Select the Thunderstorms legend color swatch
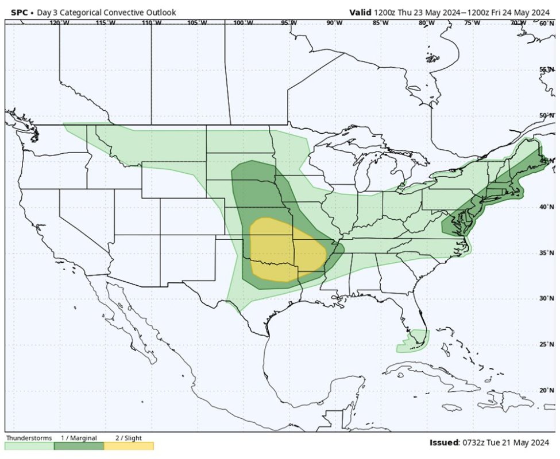tap(29, 446)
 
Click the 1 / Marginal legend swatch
tap(79, 446)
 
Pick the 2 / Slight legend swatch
tap(128, 446)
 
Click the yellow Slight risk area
tap(284, 247)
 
